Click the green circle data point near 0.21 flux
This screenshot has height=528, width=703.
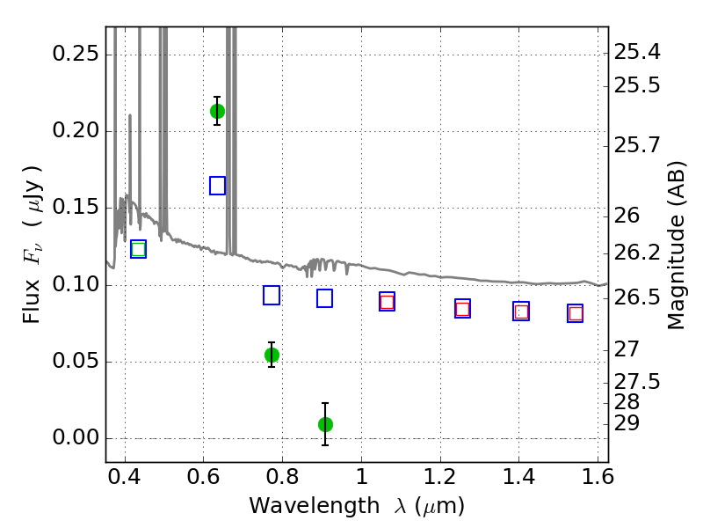point(217,112)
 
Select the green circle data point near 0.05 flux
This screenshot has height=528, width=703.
point(272,356)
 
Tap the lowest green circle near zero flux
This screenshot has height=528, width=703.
point(325,424)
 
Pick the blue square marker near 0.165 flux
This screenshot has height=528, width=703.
point(217,186)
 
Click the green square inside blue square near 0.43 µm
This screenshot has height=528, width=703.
point(139,249)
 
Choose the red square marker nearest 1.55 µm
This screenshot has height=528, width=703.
point(576,313)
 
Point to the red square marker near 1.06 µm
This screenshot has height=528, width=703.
point(387,302)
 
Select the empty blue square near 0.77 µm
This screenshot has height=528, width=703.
point(272,295)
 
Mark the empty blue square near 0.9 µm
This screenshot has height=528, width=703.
point(324,298)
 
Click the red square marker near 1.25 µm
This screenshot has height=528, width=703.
point(463,309)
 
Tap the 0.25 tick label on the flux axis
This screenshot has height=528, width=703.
point(76,54)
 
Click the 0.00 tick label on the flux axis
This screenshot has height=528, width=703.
point(76,437)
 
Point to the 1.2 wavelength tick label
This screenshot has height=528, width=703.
point(440,476)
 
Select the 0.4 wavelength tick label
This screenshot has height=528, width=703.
point(124,476)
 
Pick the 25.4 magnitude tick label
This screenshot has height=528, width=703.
point(636,52)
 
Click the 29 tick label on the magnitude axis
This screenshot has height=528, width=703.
point(627,423)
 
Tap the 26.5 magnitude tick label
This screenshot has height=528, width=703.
point(636,297)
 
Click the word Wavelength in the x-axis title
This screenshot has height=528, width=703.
point(315,506)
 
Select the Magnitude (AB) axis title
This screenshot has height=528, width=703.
point(676,246)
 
